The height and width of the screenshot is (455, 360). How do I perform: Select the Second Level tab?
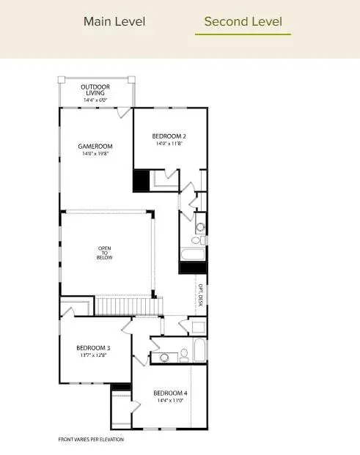[243, 21]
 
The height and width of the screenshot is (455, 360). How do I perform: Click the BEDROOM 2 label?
[169, 136]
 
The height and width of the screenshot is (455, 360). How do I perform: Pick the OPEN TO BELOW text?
[105, 253]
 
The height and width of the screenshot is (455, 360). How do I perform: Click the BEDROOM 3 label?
[93, 348]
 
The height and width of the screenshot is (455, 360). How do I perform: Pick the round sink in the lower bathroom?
[165, 358]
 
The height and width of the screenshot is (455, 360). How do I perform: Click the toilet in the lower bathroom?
[185, 355]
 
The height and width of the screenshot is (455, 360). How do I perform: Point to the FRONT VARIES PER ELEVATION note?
[91, 440]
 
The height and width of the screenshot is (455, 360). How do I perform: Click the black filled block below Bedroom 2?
[140, 180]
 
